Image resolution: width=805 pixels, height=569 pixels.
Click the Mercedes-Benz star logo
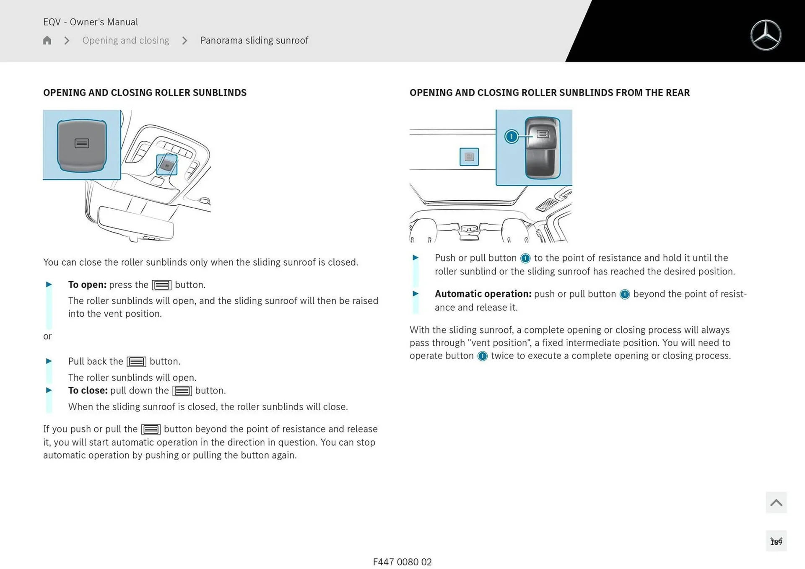tap(766, 35)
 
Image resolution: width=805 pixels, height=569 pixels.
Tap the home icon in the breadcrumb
tap(47, 40)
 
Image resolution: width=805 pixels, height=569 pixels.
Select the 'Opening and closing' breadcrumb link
tap(125, 40)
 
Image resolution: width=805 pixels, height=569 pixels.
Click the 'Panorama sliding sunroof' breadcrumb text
tap(254, 40)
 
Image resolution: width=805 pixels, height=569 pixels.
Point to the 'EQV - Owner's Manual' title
tap(91, 22)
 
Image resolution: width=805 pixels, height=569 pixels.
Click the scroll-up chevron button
tap(776, 502)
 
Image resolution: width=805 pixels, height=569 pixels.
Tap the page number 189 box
tap(776, 541)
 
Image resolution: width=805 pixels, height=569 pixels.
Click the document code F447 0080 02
tap(402, 562)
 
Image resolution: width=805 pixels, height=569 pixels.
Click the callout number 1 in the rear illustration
tap(511, 137)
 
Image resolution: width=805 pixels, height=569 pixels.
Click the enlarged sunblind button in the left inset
tap(82, 145)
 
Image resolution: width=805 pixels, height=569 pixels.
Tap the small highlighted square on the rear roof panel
tap(469, 157)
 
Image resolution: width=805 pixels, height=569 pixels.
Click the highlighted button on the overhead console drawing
tap(167, 165)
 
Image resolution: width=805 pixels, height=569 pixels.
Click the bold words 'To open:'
tap(87, 285)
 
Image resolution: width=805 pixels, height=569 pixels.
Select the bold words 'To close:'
tap(88, 391)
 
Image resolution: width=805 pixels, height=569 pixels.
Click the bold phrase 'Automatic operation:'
tap(483, 294)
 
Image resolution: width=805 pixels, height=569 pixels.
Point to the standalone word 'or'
tap(47, 336)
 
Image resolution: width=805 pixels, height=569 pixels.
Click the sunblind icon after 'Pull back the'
tap(136, 362)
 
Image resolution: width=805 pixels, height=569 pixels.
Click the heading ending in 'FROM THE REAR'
tap(549, 93)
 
